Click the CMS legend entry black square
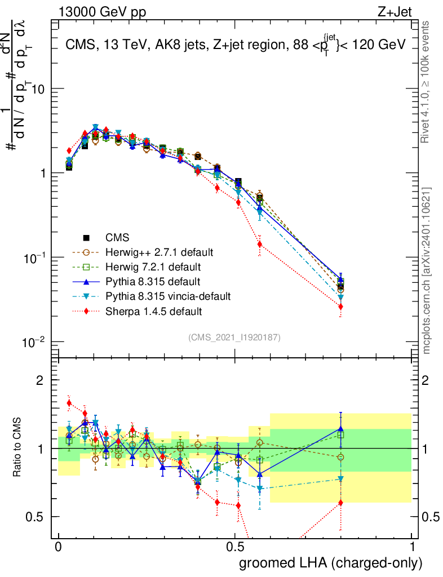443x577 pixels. pos(86,237)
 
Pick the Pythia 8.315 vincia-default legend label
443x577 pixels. pos(168,296)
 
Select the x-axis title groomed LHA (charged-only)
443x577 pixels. pos(331,563)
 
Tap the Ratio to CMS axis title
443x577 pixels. pos(17,449)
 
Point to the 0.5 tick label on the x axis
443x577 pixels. pos(235,547)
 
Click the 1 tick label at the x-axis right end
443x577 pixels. pos(412,547)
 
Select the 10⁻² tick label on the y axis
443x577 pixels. pos(35,341)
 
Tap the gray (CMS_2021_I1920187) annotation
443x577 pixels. pos(234,337)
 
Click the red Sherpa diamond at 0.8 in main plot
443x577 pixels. pos(340,307)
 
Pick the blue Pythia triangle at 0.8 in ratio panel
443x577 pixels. pos(340,429)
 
